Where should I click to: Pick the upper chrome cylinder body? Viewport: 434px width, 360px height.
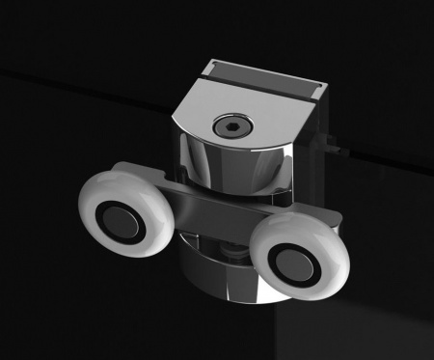click(x=231, y=164)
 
